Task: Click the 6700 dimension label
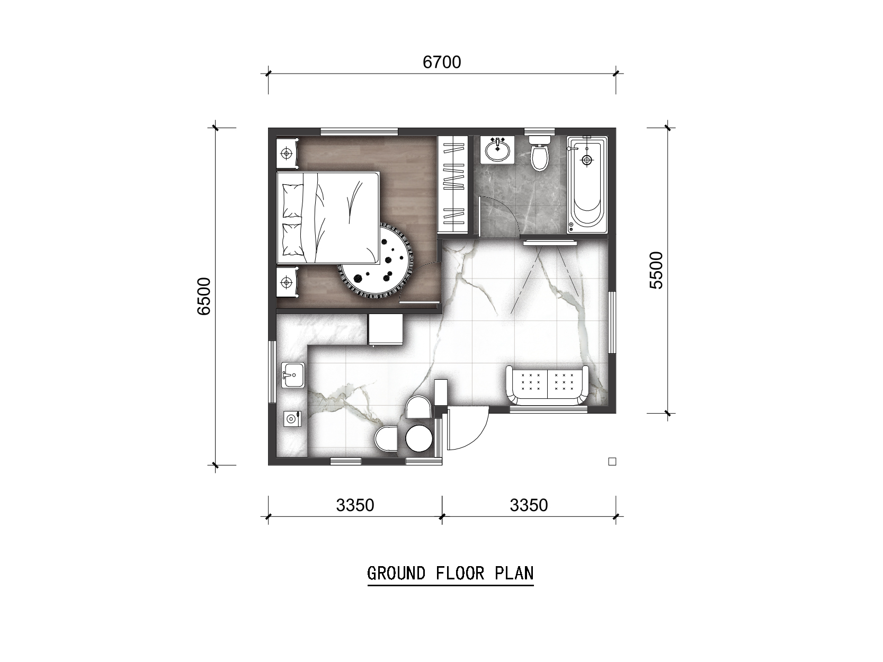[442, 62]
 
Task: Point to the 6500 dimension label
[204, 297]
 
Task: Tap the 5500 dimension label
[656, 270]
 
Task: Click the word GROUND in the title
[396, 573]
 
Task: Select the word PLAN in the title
[514, 573]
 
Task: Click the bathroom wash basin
[497, 150]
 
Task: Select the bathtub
[587, 185]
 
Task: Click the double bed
[328, 218]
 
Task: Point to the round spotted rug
[375, 262]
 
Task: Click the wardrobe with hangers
[453, 185]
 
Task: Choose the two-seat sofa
[547, 386]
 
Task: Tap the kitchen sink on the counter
[293, 375]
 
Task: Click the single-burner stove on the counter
[292, 419]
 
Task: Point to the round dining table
[419, 439]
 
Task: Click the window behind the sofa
[549, 410]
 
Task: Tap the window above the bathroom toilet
[539, 131]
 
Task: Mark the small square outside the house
[612, 462]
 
